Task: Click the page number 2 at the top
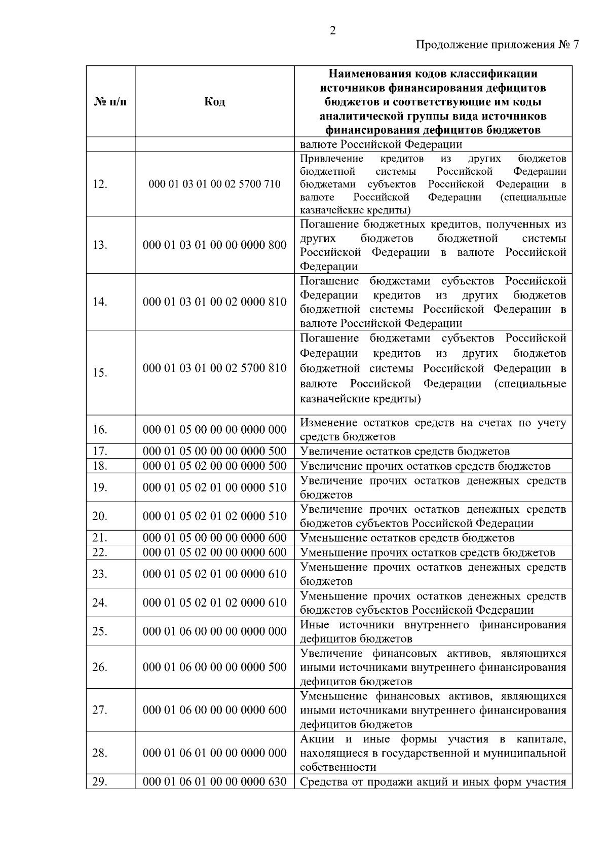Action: (332, 31)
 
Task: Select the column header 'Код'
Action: (214, 102)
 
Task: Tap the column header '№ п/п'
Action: (110, 102)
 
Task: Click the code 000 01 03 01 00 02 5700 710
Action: (214, 184)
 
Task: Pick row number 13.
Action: (100, 245)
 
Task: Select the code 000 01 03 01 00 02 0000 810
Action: (214, 302)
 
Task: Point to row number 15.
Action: (100, 373)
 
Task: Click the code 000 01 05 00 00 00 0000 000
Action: (214, 430)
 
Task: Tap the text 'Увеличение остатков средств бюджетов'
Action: (405, 452)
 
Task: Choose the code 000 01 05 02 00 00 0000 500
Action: (214, 466)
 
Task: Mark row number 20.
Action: (100, 516)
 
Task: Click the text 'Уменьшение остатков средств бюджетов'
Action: (407, 538)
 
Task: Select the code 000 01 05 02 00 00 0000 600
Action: (214, 552)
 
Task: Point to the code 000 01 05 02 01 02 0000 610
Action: (214, 603)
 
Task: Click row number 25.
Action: (100, 631)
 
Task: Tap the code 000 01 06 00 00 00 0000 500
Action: (214, 667)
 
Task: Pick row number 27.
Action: (100, 710)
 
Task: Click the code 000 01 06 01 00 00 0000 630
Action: (214, 782)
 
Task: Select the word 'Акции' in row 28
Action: (317, 739)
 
